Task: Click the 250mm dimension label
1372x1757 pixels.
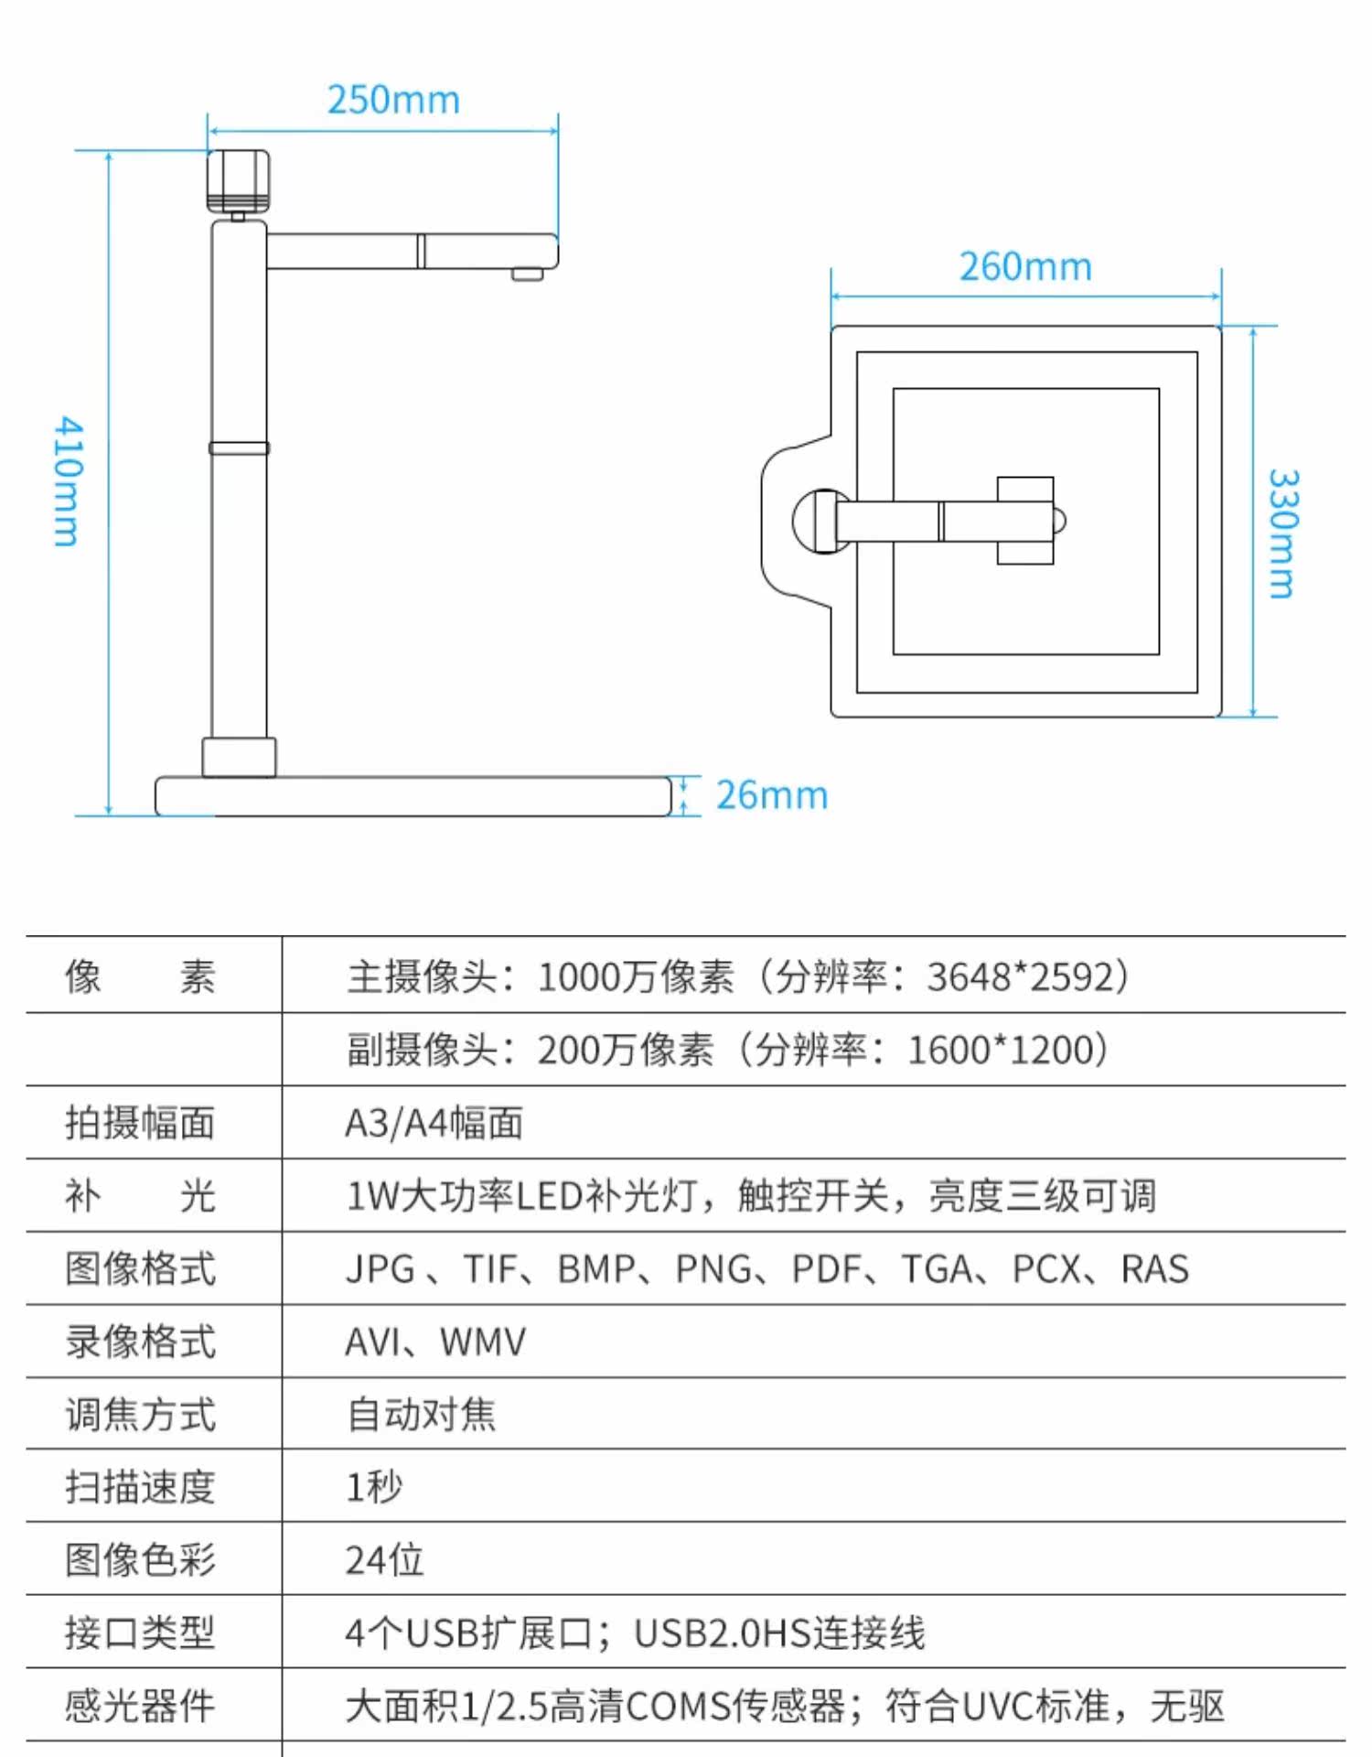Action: click(x=393, y=100)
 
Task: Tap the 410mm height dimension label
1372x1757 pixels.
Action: click(x=68, y=481)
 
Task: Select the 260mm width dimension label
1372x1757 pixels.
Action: click(x=1025, y=267)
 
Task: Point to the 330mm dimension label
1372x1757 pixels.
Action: click(x=1282, y=534)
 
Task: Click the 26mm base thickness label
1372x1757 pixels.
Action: click(x=772, y=795)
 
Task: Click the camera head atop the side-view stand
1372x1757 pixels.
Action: click(x=238, y=181)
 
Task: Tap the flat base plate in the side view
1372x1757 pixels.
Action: click(x=413, y=796)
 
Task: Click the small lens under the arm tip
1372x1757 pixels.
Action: click(x=527, y=274)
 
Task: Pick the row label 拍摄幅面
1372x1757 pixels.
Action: click(x=140, y=1123)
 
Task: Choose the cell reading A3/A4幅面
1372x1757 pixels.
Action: click(x=434, y=1123)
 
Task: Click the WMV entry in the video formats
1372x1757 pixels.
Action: click(x=483, y=1342)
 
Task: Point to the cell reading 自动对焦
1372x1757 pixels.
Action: click(x=422, y=1415)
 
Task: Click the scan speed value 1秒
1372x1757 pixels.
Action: click(x=374, y=1487)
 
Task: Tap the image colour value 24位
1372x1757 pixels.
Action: click(x=384, y=1560)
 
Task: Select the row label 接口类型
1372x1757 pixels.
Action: click(x=140, y=1633)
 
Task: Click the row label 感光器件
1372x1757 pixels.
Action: click(x=140, y=1707)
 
